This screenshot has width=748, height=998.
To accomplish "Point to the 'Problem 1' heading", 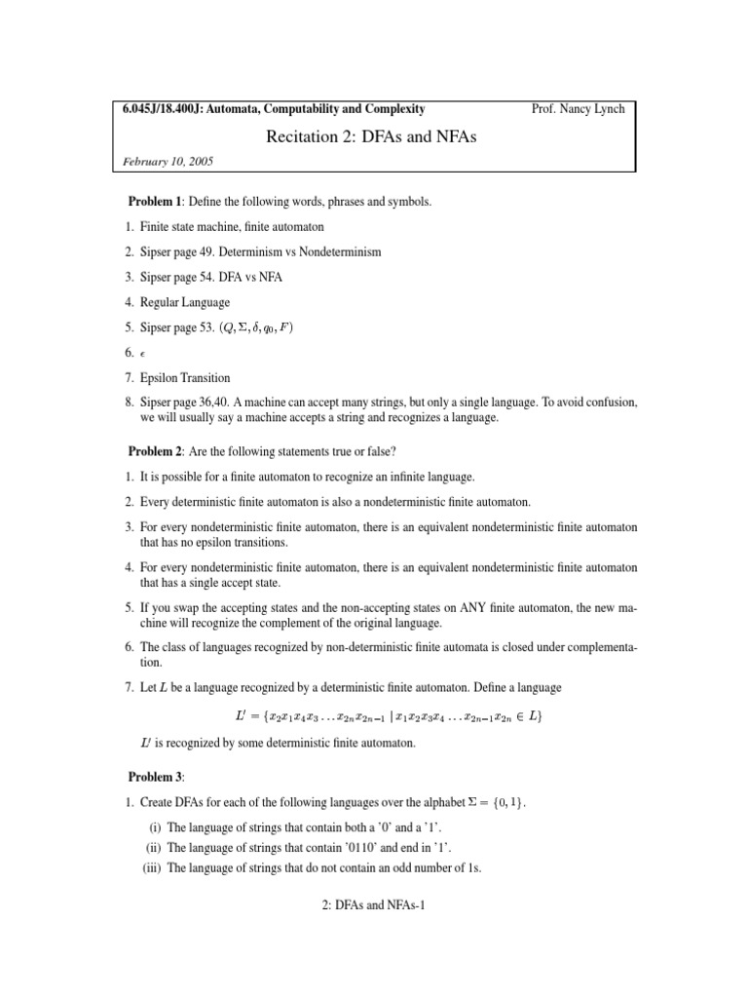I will coord(157,201).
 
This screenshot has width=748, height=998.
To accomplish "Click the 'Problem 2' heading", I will coord(157,452).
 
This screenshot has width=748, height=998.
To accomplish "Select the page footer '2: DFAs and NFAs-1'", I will coord(374,904).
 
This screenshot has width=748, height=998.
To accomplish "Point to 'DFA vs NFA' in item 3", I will coord(251,277).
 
